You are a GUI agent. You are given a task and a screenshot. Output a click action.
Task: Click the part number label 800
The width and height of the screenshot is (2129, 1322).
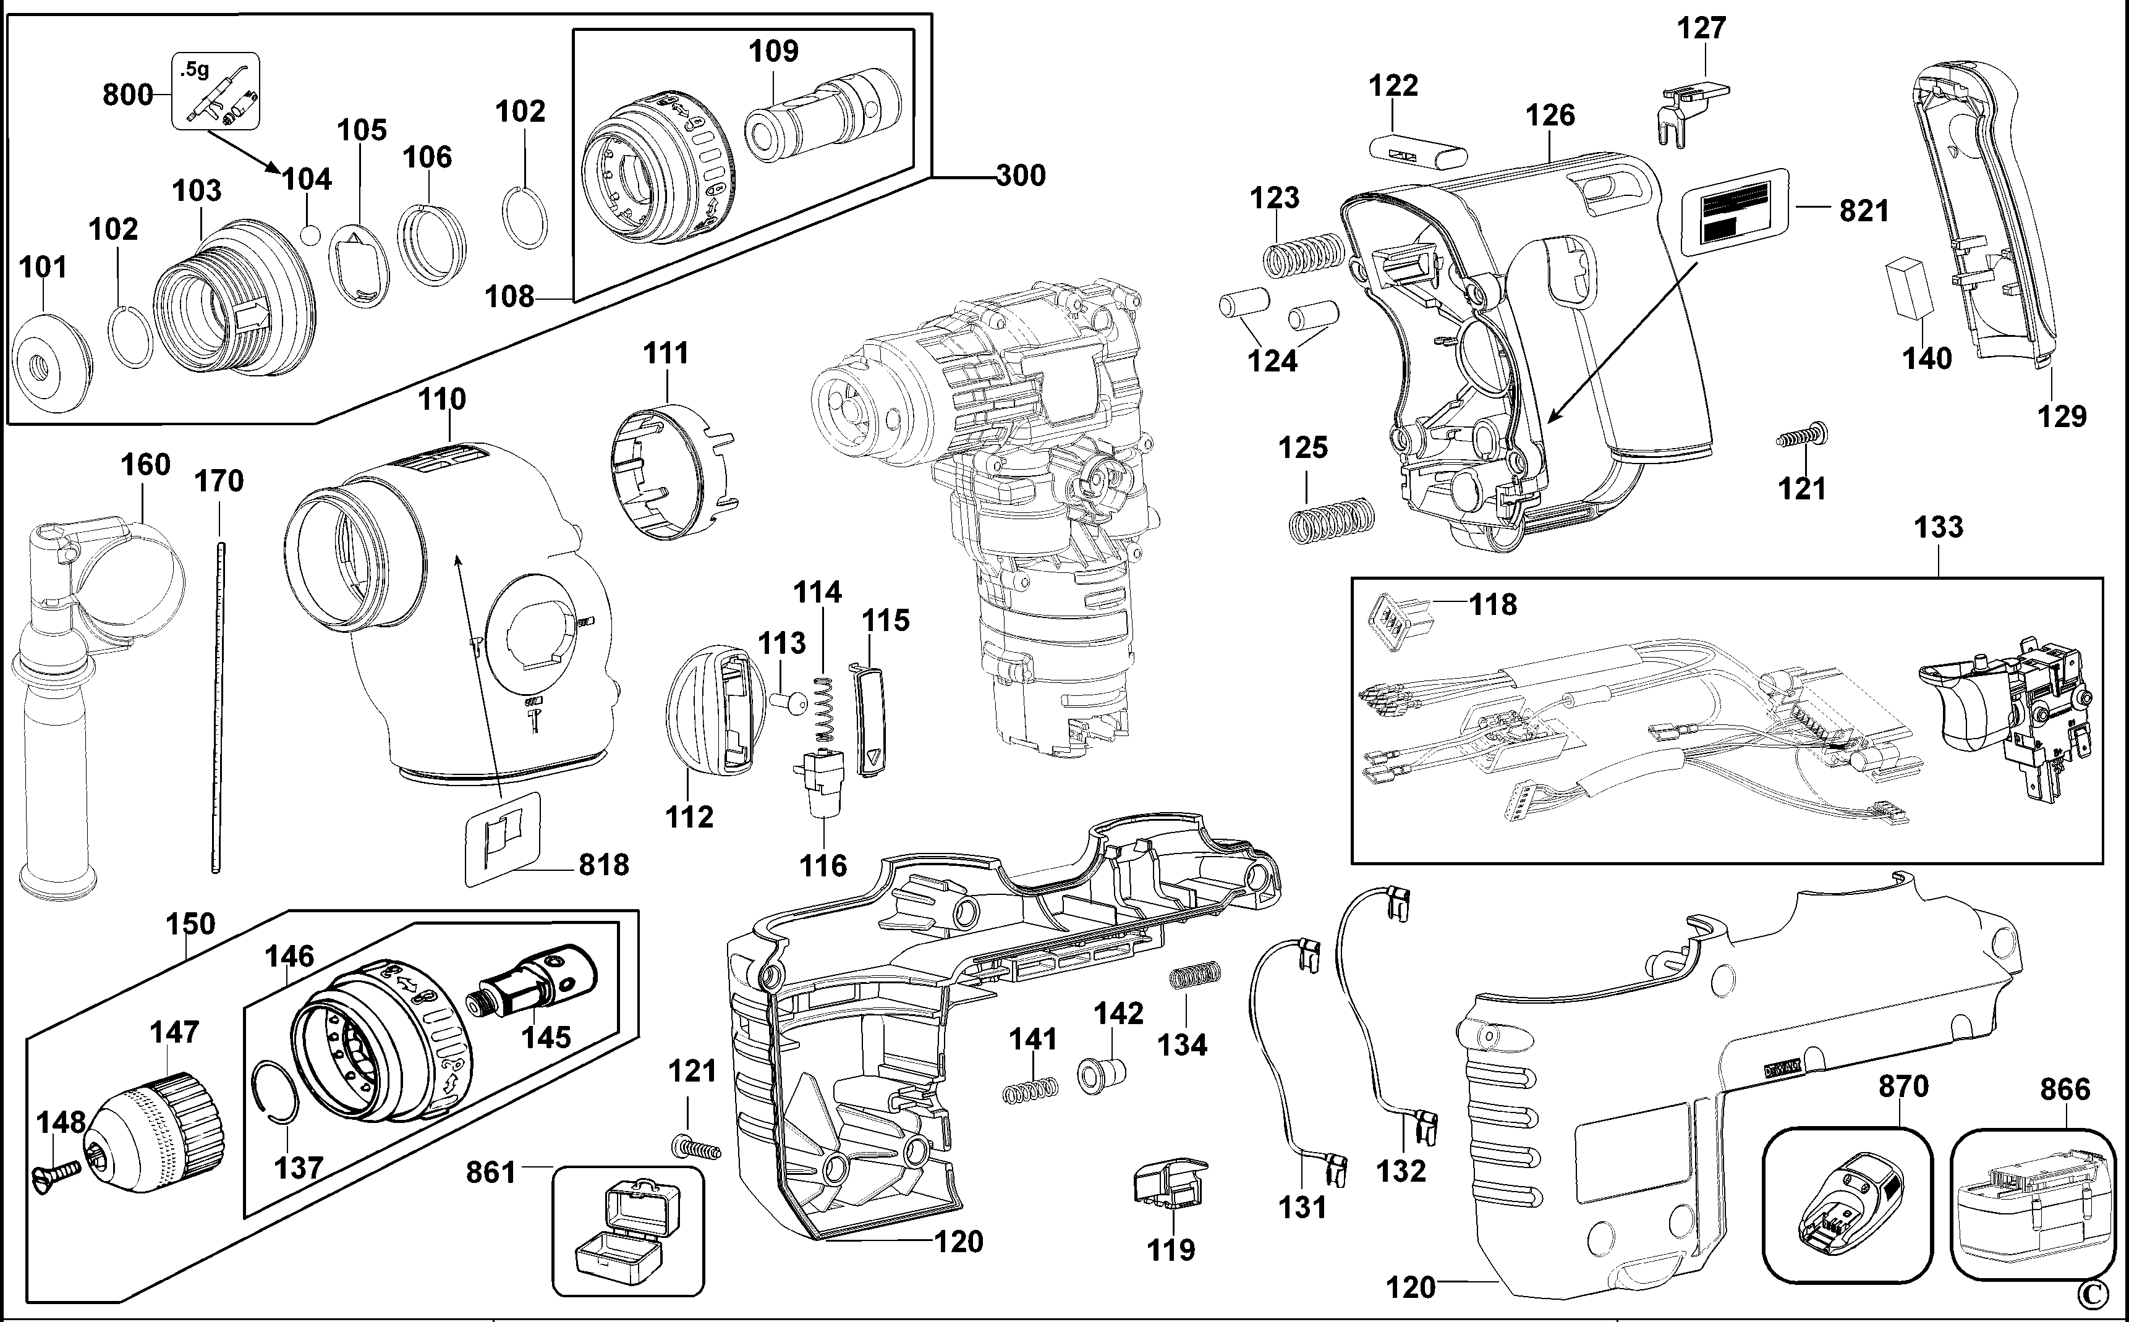[x=127, y=95]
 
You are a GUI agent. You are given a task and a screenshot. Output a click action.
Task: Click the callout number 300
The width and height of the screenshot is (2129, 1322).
[x=1021, y=176]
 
